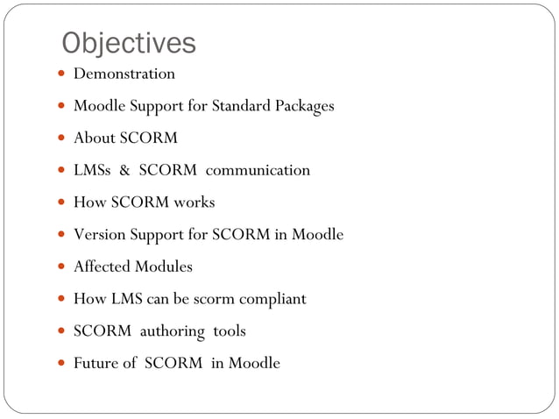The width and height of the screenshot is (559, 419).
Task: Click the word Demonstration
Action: (124, 74)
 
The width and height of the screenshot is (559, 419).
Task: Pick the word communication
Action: (258, 170)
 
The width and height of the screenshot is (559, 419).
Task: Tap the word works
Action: (194, 202)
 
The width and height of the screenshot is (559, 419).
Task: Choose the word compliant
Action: (271, 299)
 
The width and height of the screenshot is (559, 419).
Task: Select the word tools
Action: (230, 331)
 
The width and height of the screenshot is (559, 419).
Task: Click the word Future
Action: (96, 363)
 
